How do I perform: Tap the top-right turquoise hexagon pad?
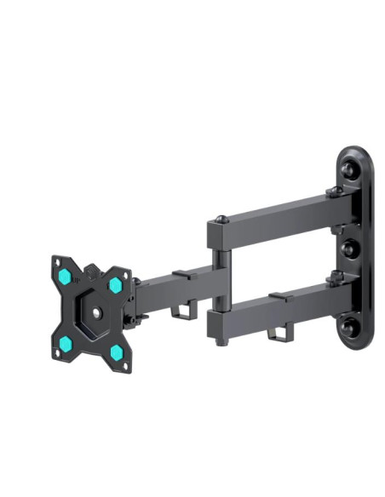tap(115, 284)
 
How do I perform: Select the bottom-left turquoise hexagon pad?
tap(65, 342)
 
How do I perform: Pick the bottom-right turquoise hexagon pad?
tap(116, 351)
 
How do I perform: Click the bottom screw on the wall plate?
tap(348, 326)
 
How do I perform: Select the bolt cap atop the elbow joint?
tap(221, 220)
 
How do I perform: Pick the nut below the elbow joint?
tap(221, 340)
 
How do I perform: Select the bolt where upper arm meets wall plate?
tap(335, 193)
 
